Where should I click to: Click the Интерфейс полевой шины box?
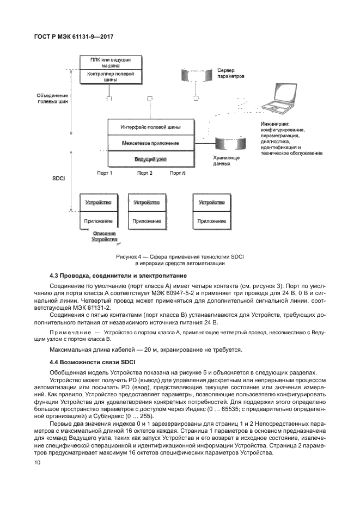(x=150, y=127)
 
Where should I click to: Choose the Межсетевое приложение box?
(x=150, y=143)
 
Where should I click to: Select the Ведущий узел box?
(x=150, y=159)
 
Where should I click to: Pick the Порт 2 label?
(x=144, y=173)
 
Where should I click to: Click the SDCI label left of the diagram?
(x=58, y=177)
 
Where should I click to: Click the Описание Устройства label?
(x=103, y=236)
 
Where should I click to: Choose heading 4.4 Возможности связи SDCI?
(x=93, y=361)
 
